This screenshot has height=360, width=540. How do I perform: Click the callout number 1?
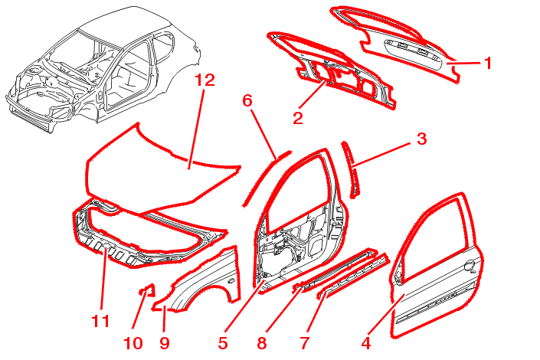(x=488, y=63)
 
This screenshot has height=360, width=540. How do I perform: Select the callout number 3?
(x=421, y=139)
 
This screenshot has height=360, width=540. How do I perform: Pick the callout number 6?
(x=247, y=100)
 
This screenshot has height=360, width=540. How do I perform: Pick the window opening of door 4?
(x=437, y=234)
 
